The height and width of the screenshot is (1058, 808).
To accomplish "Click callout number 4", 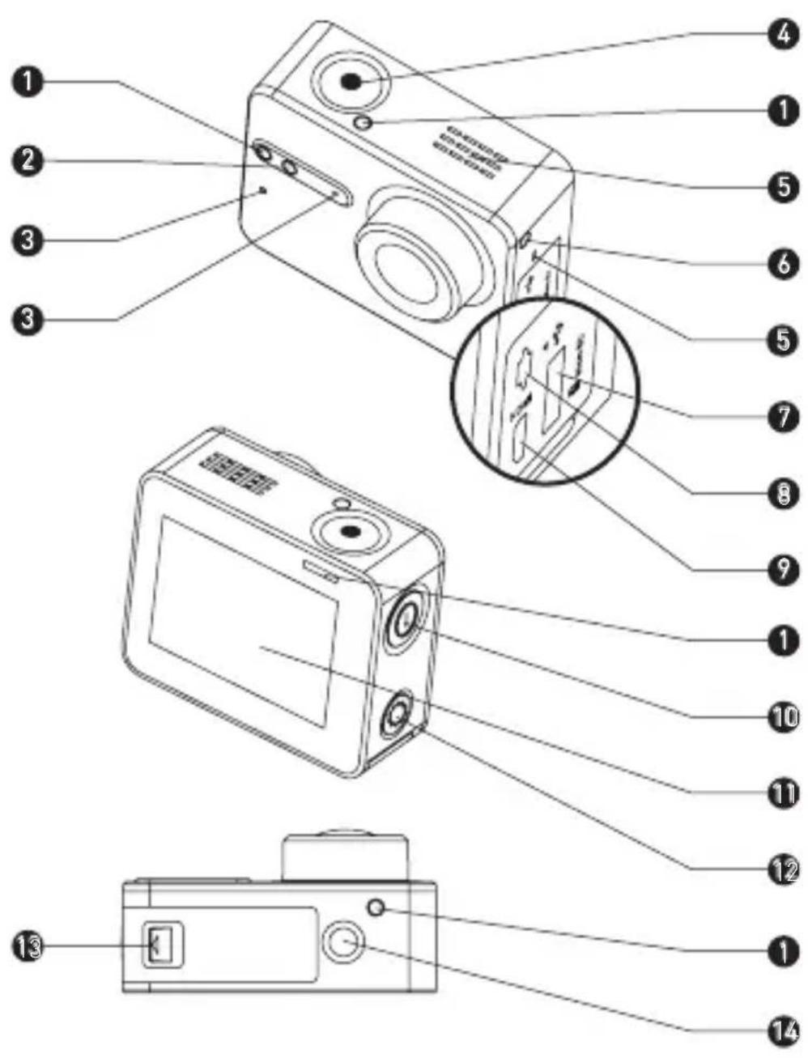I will click(782, 36).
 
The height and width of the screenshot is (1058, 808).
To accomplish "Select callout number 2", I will click(28, 159).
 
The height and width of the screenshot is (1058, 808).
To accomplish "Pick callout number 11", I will click(783, 792).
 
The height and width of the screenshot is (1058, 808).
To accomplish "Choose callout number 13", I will click(28, 945).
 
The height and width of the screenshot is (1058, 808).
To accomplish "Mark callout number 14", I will click(783, 1030).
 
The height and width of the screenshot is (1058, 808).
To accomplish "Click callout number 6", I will click(783, 263).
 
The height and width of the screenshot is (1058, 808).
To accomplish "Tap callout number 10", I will click(783, 716).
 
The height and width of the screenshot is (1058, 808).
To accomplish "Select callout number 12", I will click(783, 870).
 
